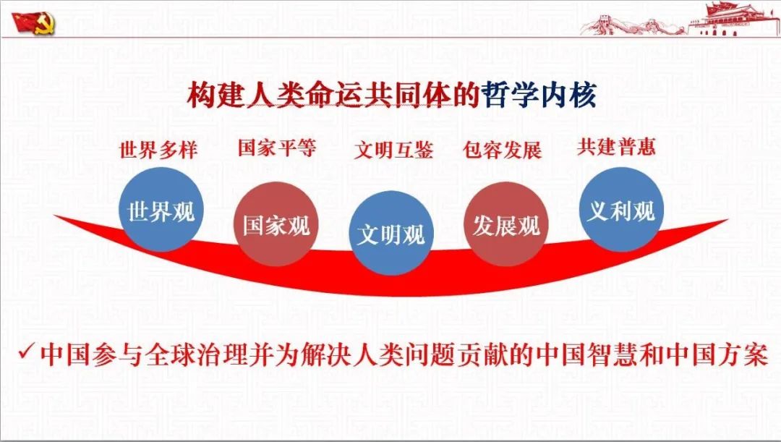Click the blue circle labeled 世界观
161,209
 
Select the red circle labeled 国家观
276,224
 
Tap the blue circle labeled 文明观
391,233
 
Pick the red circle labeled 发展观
506,224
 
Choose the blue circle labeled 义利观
621,209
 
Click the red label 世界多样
158,150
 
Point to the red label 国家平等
276,147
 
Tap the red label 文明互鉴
393,150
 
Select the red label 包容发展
502,150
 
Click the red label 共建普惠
616,147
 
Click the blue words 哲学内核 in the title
538,95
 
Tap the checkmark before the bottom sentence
25,352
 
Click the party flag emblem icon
33,22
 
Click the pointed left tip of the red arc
55,216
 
